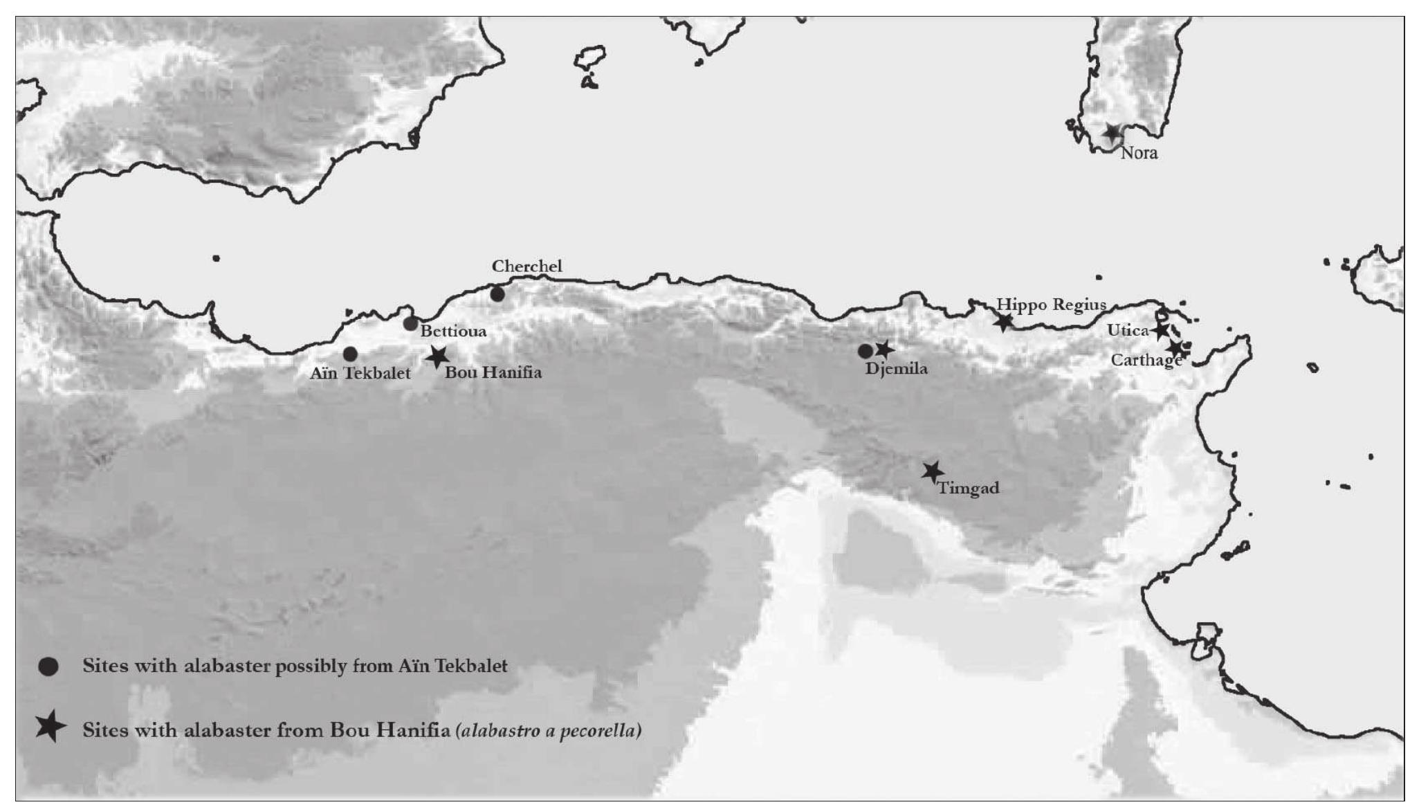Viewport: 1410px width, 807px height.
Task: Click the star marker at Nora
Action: coord(1112,132)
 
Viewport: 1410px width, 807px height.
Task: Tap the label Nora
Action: coord(1139,153)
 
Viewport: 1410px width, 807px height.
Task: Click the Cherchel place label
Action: coord(527,266)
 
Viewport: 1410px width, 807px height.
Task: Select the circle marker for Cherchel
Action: coord(497,294)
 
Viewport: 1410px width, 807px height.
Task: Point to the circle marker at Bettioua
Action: coord(410,323)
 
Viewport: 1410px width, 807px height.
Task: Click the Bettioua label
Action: coord(453,331)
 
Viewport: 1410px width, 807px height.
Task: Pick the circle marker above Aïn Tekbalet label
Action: coord(350,354)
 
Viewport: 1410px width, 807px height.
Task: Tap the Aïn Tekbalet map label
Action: coord(360,374)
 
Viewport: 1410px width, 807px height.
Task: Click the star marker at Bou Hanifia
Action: coord(437,357)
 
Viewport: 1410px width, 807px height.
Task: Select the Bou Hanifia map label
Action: coord(493,372)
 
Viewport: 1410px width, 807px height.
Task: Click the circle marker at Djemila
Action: coord(865,352)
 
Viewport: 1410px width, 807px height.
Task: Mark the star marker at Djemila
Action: coord(883,350)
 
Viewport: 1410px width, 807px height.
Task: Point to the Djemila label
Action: coord(896,368)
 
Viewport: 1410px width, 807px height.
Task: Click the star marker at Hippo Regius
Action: coord(1003,322)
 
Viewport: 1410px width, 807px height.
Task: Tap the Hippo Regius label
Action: coord(1051,305)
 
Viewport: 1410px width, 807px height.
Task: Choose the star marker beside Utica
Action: coord(1160,331)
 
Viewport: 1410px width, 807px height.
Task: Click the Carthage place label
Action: coord(1145,360)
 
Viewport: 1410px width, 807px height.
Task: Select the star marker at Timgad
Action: coord(933,472)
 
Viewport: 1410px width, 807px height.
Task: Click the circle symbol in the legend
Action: coord(48,667)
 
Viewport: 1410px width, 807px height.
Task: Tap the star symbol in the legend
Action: coord(50,728)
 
